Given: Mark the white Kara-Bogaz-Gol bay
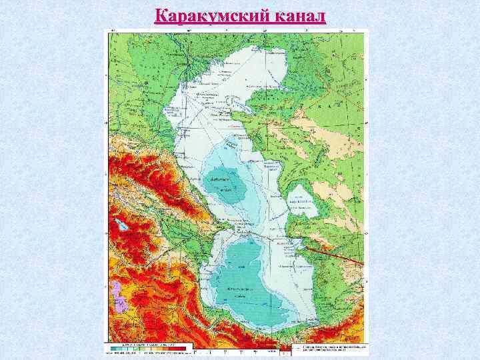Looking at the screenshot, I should (x=302, y=201).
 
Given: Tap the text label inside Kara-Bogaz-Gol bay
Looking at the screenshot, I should (x=302, y=199).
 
